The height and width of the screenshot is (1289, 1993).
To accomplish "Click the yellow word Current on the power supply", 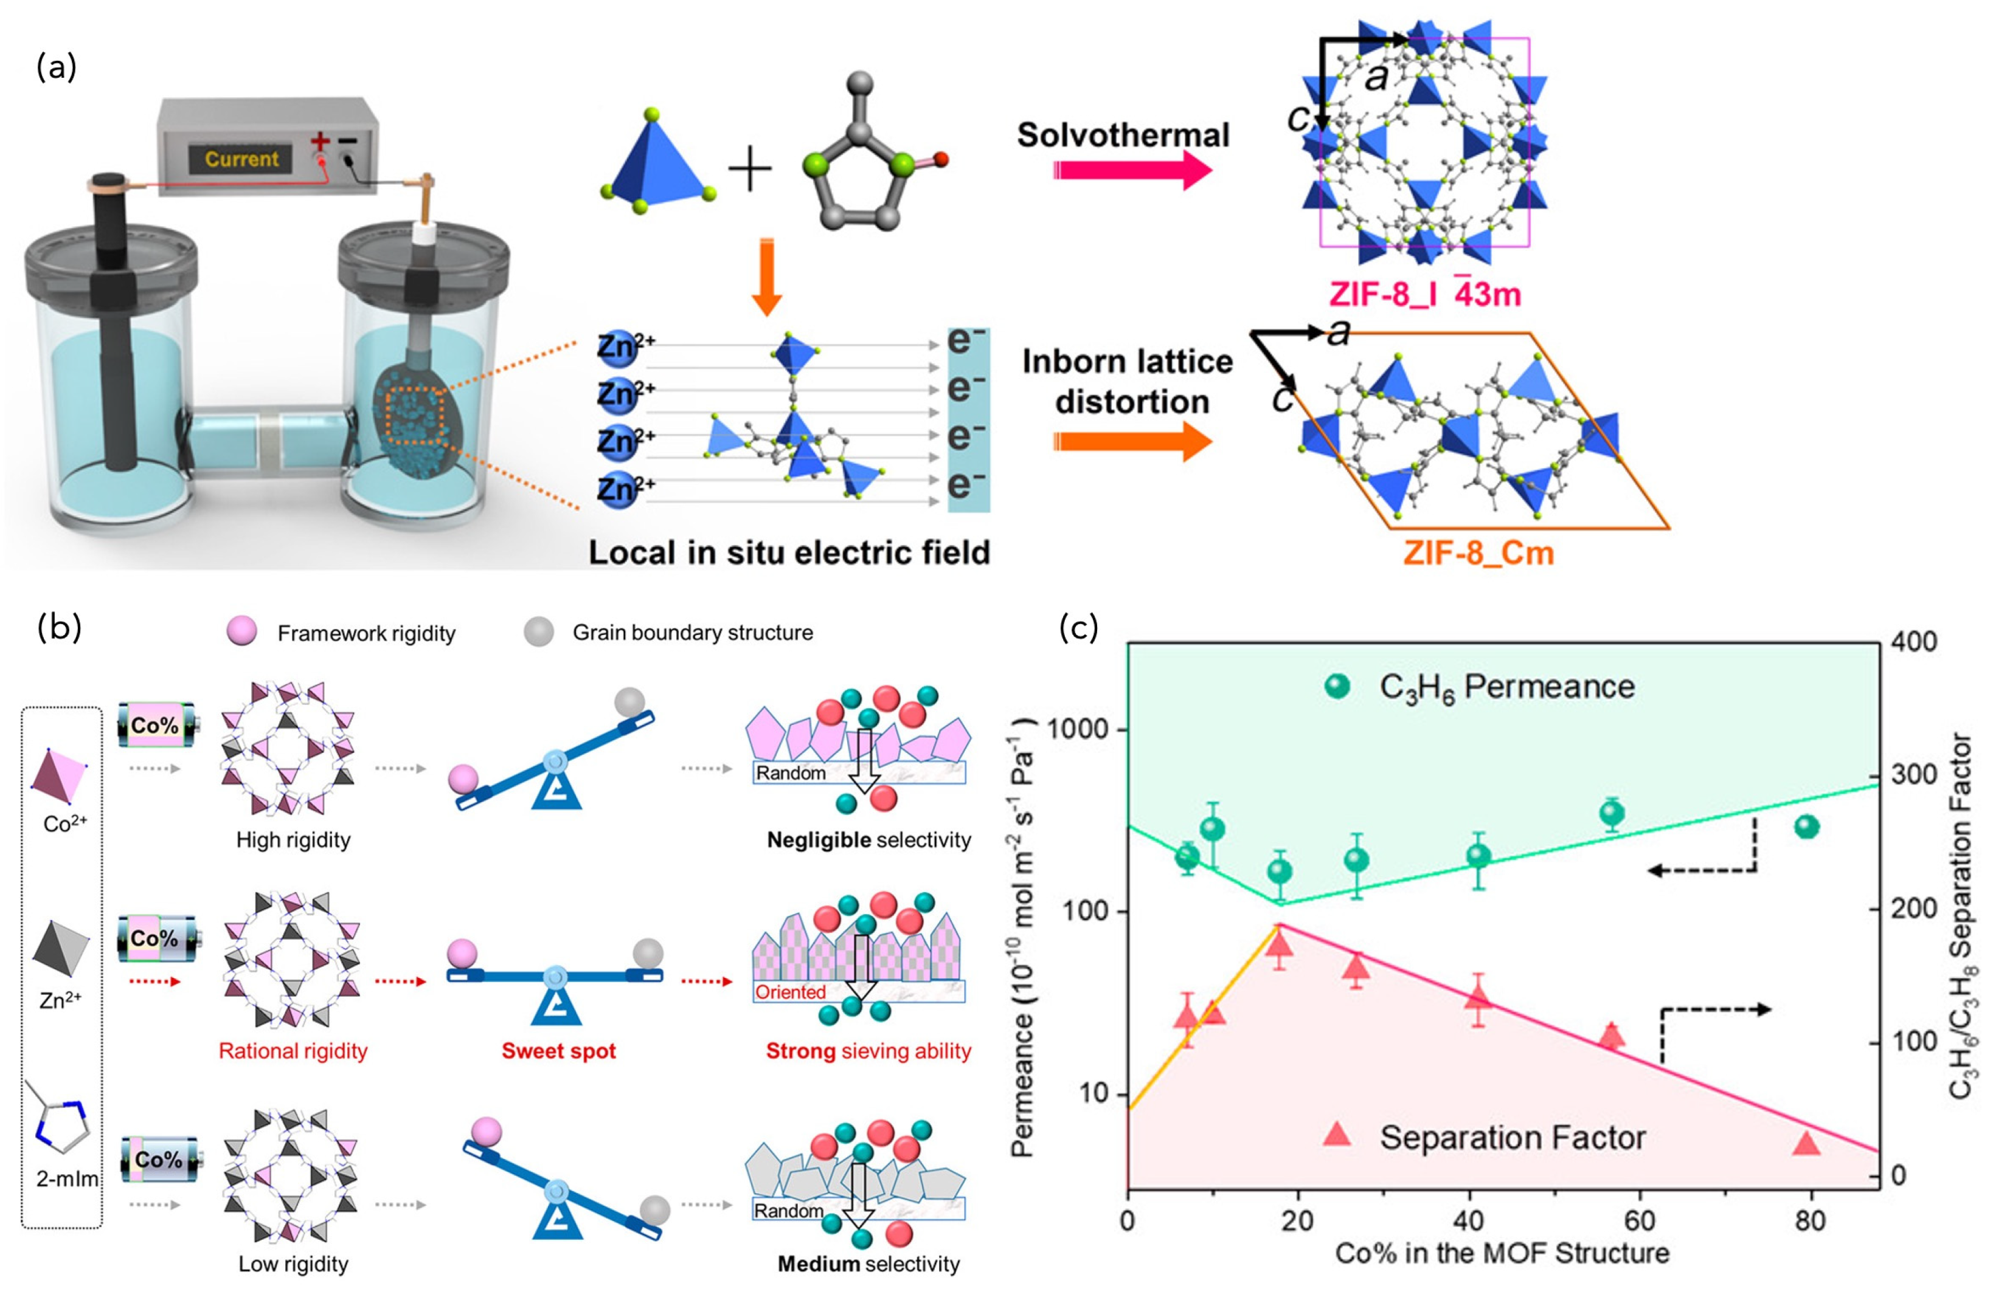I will pos(241,158).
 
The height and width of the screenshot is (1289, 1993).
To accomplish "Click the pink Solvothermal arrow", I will pos(1131,171).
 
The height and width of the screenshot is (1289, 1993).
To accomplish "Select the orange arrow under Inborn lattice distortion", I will pos(1131,441).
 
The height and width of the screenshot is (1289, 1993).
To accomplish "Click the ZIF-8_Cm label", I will pos(1478,553).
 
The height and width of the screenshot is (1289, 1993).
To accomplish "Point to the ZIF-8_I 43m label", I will pos(1424,295).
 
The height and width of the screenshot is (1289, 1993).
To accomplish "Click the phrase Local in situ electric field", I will pos(789,552).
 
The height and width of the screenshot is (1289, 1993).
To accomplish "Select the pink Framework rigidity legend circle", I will pos(241,632).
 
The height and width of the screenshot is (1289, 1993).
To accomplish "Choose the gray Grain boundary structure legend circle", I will pos(538,632).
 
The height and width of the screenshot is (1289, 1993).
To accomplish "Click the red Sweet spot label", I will pos(558,1051).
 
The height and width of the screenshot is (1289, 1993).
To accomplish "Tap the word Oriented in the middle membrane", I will pos(791,992).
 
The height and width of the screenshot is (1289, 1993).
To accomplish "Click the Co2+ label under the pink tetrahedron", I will pos(65,825).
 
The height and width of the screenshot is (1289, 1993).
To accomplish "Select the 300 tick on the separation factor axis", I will pos(1915,775).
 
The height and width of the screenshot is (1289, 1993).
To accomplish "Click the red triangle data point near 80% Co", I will pos(1807,1143).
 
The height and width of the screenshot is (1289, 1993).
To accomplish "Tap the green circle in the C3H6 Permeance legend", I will pos(1337,686).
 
